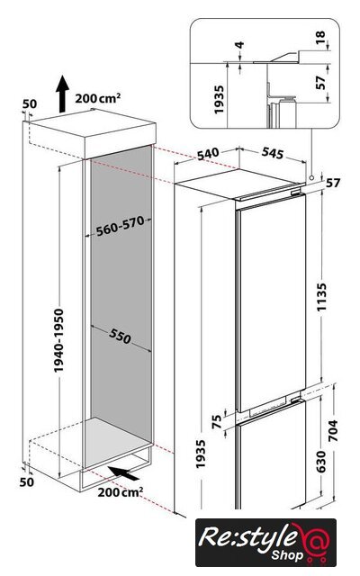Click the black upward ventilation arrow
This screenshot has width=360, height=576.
pyautogui.click(x=62, y=94)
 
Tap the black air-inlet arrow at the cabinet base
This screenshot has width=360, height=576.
pyautogui.click(x=124, y=472)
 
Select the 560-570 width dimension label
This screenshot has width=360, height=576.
pyautogui.click(x=120, y=226)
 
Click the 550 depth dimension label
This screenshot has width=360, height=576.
pyautogui.click(x=120, y=336)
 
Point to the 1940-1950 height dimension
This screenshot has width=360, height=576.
pyautogui.click(x=58, y=340)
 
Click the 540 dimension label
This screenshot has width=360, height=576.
pyautogui.click(x=208, y=154)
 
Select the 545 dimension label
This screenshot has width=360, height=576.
pyautogui.click(x=273, y=153)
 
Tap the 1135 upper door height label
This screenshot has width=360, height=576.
pyautogui.click(x=322, y=297)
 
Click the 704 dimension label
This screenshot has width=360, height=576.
pyautogui.click(x=332, y=430)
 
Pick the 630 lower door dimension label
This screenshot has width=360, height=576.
pyautogui.click(x=320, y=462)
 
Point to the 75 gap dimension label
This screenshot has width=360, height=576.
pyautogui.click(x=218, y=421)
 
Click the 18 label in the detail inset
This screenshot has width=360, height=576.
pyautogui.click(x=320, y=38)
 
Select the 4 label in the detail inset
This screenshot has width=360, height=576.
pyautogui.click(x=239, y=45)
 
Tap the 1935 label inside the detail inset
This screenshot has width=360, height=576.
pyautogui.click(x=219, y=100)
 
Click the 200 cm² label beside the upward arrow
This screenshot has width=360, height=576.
pyautogui.click(x=98, y=98)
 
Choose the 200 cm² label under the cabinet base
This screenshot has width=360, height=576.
pyautogui.click(x=121, y=492)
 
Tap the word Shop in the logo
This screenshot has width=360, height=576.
pyautogui.click(x=288, y=555)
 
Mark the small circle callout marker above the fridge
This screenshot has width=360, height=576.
pyautogui.click(x=311, y=177)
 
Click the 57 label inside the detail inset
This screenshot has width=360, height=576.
pyautogui.click(x=320, y=82)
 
